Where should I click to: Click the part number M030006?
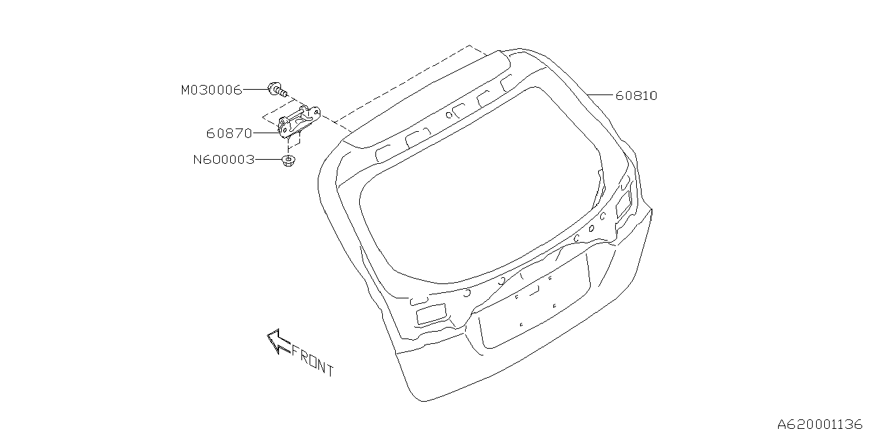[211, 90]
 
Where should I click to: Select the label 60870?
[229, 134]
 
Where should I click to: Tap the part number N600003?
[224, 160]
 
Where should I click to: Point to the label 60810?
[637, 96]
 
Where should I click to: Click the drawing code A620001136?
[819, 423]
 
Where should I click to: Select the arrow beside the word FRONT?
[278, 341]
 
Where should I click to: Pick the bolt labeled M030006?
[278, 90]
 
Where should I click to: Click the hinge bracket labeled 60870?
[299, 121]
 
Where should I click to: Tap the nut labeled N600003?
[288, 160]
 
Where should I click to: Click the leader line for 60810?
[601, 94]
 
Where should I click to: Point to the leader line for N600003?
[268, 159]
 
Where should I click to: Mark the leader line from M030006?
[255, 89]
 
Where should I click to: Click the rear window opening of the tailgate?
[481, 186]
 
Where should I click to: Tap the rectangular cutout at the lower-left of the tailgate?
[431, 314]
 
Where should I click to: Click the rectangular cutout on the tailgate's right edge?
[623, 203]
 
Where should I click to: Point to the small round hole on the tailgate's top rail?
[449, 115]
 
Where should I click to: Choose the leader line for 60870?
[266, 133]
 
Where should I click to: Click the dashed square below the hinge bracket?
[294, 139]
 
